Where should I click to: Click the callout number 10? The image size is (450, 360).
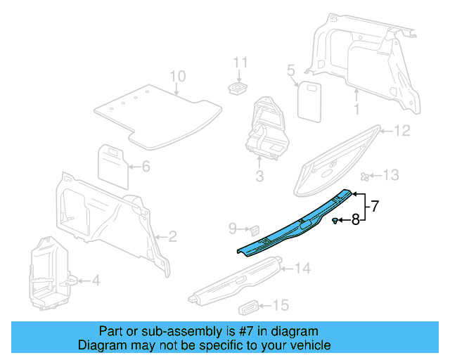[x=177, y=76]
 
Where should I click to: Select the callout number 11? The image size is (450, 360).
[x=241, y=62]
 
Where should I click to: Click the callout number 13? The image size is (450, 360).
[x=390, y=175]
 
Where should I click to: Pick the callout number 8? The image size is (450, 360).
[x=356, y=220]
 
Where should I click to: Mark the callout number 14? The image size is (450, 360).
[x=302, y=268]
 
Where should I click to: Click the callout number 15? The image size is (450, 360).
[x=281, y=305]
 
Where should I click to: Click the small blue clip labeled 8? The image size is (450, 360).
[x=335, y=221]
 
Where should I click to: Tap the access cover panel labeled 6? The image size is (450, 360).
[x=111, y=161]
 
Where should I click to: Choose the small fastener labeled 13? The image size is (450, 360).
[x=365, y=176]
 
